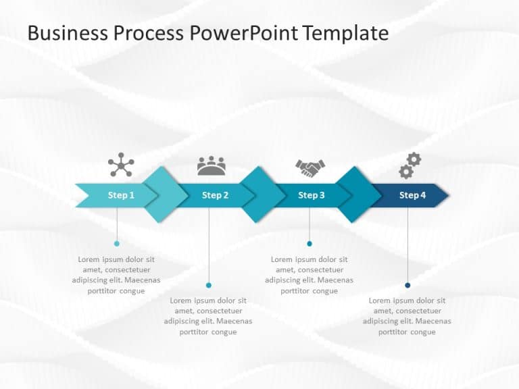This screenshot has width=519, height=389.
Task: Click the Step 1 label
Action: pos(121,195)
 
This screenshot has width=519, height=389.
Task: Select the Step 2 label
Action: pos(216,195)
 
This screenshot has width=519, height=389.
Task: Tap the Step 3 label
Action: pos(312,195)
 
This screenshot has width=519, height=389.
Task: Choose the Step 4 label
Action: pos(412,195)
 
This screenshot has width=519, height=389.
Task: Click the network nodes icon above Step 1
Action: pos(121,165)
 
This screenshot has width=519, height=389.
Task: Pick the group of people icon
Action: pos(212,166)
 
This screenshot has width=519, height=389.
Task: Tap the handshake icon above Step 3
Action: pos(310,168)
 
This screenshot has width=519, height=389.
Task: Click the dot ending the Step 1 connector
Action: pos(117,243)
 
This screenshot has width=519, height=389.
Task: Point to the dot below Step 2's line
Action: pos(209,285)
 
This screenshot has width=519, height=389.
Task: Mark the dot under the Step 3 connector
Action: pos(310,243)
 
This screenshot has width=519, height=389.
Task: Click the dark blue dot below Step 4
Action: pos(407,285)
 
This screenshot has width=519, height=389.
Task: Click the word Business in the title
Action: pos(68,33)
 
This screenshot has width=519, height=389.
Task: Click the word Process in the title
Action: pos(149,33)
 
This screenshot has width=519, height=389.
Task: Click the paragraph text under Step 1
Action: pos(116,275)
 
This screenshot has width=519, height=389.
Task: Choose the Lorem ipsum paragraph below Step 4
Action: pos(407,316)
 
